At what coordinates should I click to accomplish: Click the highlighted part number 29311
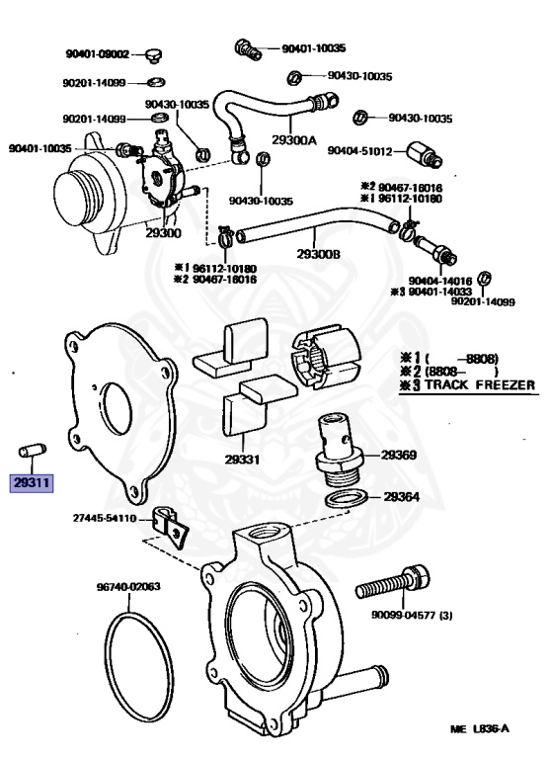pyautogui.click(x=32, y=482)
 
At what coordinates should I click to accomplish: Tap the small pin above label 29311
pyautogui.click(x=33, y=451)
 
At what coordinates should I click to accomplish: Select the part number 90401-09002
pyautogui.click(x=98, y=54)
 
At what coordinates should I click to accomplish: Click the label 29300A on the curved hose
pyautogui.click(x=294, y=140)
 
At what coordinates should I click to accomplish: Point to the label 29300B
pyautogui.click(x=318, y=254)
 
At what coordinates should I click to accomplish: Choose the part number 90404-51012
pyautogui.click(x=359, y=151)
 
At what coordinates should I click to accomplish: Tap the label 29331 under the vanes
pyautogui.click(x=242, y=459)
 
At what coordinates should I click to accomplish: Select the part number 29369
pyautogui.click(x=399, y=455)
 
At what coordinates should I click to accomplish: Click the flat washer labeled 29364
pyautogui.click(x=346, y=499)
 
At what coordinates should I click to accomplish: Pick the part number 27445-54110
pyautogui.click(x=105, y=519)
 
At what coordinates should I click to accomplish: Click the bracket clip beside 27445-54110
pyautogui.click(x=170, y=527)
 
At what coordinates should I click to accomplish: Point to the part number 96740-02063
pyautogui.click(x=128, y=587)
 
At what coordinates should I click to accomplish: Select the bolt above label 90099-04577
pyautogui.click(x=393, y=582)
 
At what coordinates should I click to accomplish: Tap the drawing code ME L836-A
pyautogui.click(x=480, y=729)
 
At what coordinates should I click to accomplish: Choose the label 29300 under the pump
pyautogui.click(x=164, y=233)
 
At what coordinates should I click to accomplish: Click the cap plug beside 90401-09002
pyautogui.click(x=154, y=56)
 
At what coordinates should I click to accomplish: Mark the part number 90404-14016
pyautogui.click(x=440, y=282)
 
